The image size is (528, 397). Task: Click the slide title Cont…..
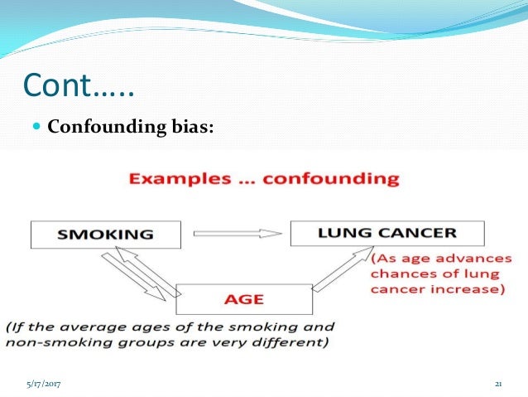(x=79, y=85)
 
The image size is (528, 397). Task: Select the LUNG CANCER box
(x=376, y=232)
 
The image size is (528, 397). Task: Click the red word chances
(x=401, y=273)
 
